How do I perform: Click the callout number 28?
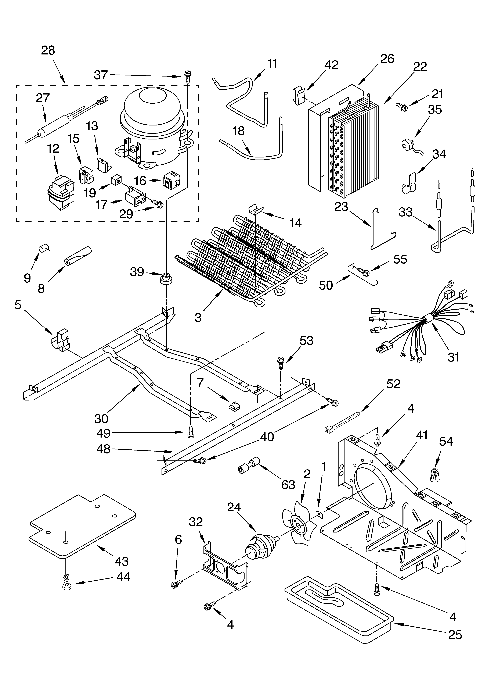pos(48,50)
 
